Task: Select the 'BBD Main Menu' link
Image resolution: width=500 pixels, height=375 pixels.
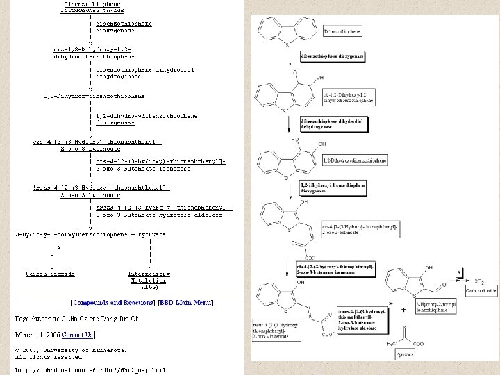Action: coord(185,302)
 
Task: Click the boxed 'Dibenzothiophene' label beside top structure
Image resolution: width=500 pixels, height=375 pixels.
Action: coord(342,31)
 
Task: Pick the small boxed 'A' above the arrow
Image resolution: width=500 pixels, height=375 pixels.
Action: coord(459,271)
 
